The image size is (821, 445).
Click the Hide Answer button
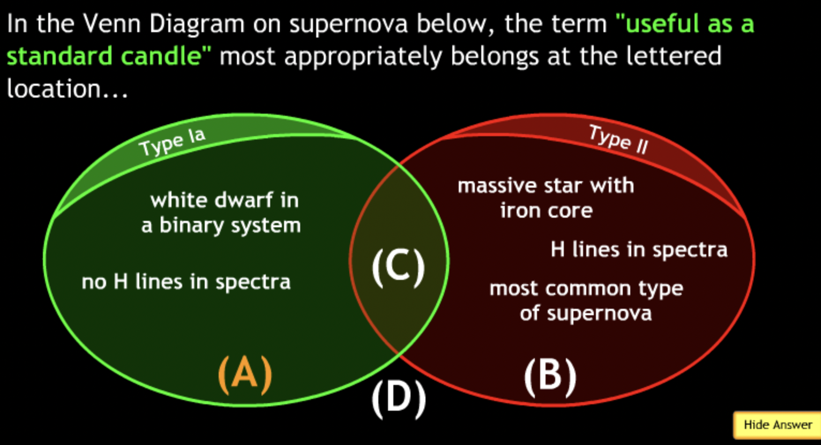pyautogui.click(x=777, y=425)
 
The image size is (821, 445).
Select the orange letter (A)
pyautogui.click(x=245, y=375)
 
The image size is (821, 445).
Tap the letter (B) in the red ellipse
pyautogui.click(x=550, y=377)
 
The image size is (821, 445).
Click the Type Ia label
pyautogui.click(x=172, y=142)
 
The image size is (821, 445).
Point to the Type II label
pyautogui.click(x=618, y=139)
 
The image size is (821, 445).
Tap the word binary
pyautogui.click(x=192, y=225)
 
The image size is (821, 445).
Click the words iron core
pyautogui.click(x=547, y=210)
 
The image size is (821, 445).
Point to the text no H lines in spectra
pyautogui.click(x=186, y=282)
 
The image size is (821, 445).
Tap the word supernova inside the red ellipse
pyautogui.click(x=600, y=314)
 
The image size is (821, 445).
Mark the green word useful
pyautogui.click(x=658, y=23)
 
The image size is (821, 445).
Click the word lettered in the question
pyautogui.click(x=674, y=56)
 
